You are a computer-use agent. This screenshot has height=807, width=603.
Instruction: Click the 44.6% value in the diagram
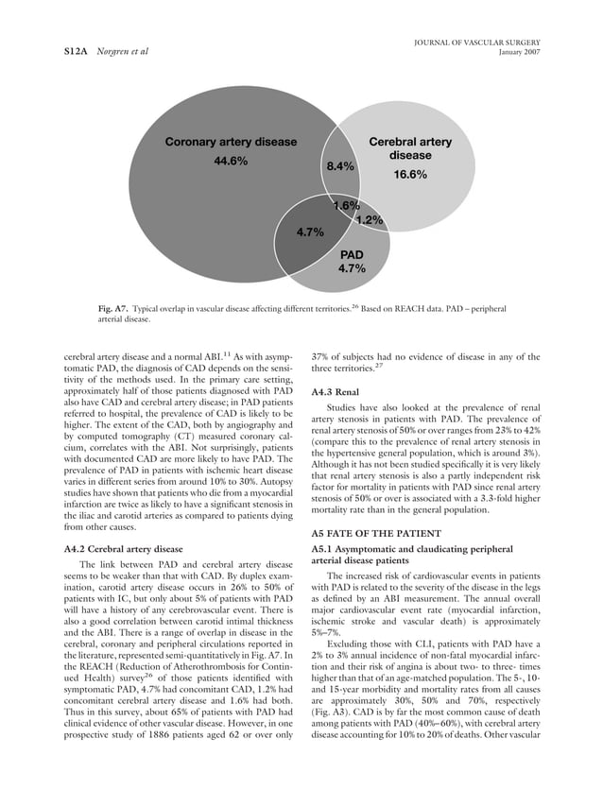tap(232, 161)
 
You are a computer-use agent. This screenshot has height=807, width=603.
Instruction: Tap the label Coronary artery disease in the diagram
tap(232, 143)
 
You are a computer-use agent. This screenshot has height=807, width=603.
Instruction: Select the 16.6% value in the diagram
tap(410, 175)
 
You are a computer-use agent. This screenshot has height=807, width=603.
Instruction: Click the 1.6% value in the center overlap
tap(346, 206)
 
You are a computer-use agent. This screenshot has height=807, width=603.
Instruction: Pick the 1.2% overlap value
tap(369, 220)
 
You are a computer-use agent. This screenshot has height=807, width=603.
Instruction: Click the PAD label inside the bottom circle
tap(352, 255)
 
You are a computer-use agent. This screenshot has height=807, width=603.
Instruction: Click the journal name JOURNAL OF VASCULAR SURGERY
tap(475, 40)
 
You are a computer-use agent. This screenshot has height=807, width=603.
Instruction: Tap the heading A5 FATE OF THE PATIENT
tap(372, 533)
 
